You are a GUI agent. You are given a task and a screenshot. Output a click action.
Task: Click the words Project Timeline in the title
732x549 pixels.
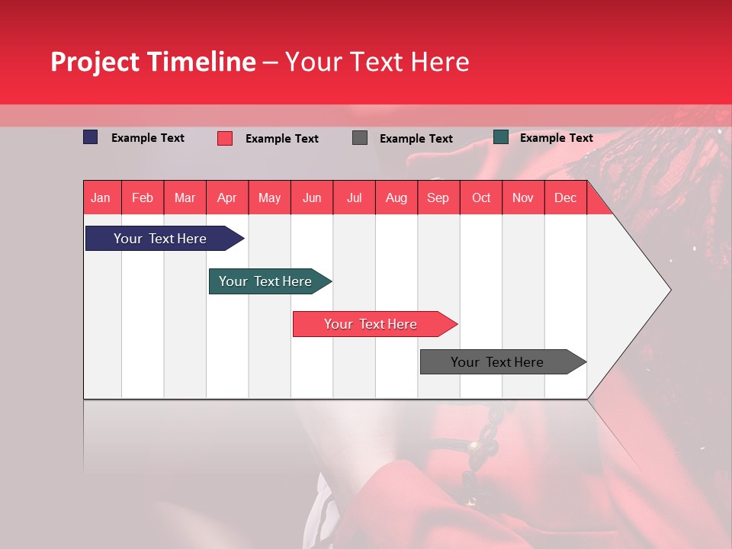click(152, 62)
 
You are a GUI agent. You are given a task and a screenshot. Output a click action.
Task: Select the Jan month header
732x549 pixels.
click(101, 197)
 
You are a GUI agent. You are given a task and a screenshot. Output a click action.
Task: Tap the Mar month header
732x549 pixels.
click(185, 197)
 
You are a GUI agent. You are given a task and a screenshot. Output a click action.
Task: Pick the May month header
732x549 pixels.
click(269, 197)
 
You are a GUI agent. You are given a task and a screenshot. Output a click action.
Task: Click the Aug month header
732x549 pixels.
click(396, 197)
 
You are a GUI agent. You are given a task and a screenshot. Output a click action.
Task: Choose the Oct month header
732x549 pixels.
click(481, 197)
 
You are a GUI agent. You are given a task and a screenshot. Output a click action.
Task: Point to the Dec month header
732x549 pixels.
click(565, 197)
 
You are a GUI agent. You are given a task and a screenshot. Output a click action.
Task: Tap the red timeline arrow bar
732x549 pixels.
click(371, 324)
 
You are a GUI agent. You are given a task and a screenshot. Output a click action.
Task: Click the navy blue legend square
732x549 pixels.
click(91, 137)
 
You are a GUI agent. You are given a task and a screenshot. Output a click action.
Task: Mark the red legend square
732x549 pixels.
click(225, 138)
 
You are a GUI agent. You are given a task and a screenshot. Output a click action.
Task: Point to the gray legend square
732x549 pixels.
click(360, 138)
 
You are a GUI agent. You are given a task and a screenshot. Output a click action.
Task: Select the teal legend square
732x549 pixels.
click(501, 137)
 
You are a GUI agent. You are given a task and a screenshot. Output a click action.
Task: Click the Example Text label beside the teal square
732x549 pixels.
click(556, 138)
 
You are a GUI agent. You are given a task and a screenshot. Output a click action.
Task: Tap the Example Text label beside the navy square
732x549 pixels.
click(148, 138)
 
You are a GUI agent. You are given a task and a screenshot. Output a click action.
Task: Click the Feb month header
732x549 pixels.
click(143, 197)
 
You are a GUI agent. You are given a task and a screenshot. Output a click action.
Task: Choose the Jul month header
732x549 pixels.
click(354, 197)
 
